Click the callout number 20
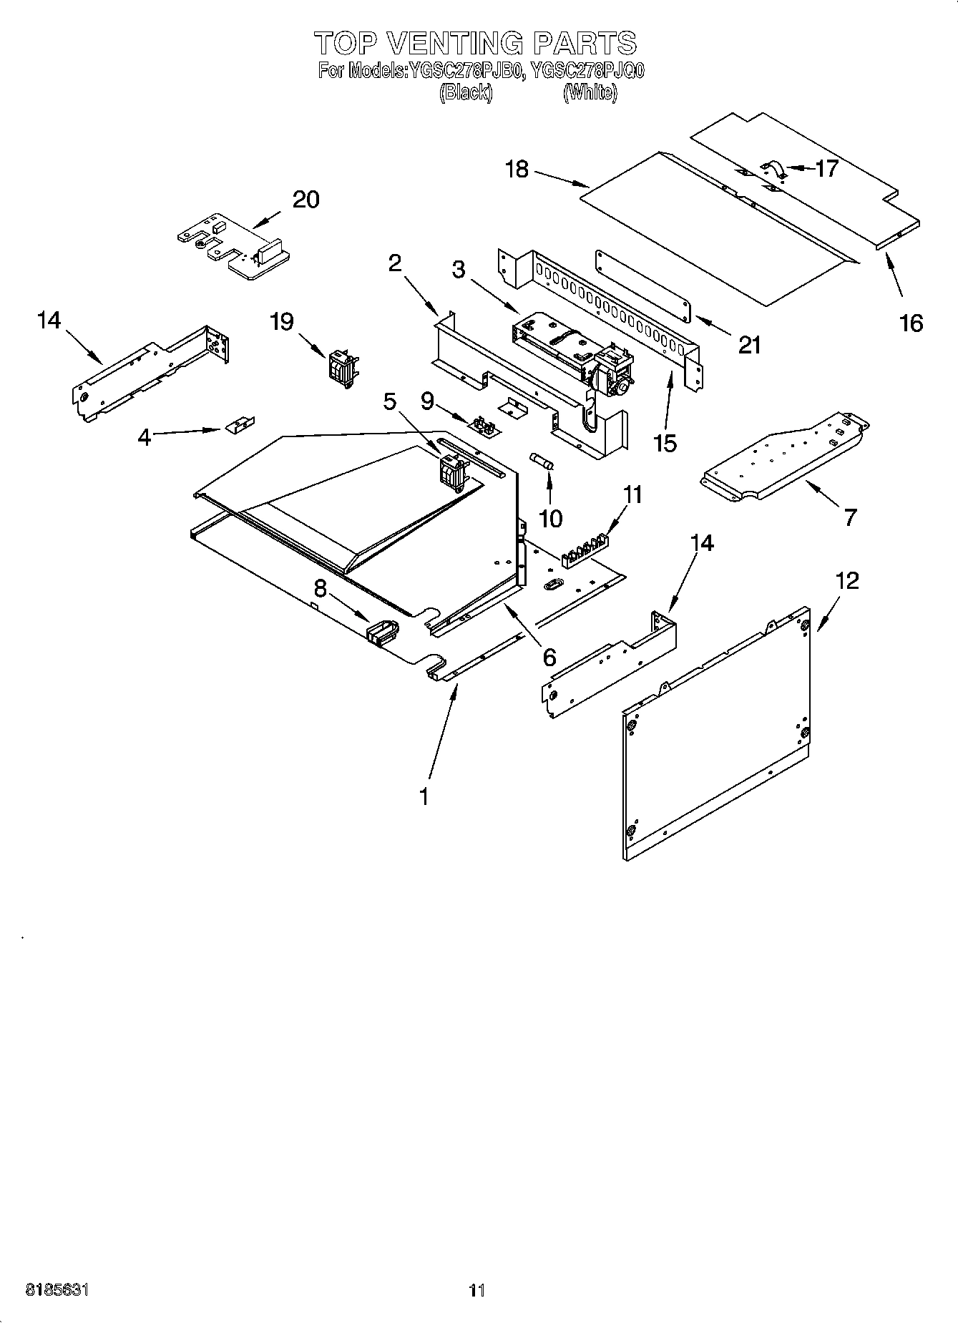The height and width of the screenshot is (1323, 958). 306,200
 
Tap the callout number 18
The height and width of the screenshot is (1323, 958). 517,170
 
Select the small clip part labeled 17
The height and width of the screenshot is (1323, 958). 772,168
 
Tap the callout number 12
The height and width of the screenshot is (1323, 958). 847,580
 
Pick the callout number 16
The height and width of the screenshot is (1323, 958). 911,323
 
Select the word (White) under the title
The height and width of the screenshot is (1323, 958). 590,92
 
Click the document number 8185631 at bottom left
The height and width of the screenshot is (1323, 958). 57,1289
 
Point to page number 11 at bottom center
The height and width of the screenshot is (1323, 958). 477,1289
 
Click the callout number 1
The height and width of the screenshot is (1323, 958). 424,795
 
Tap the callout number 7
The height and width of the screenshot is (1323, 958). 849,517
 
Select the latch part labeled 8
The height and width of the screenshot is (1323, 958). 382,630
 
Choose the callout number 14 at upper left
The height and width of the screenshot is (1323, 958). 49,321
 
